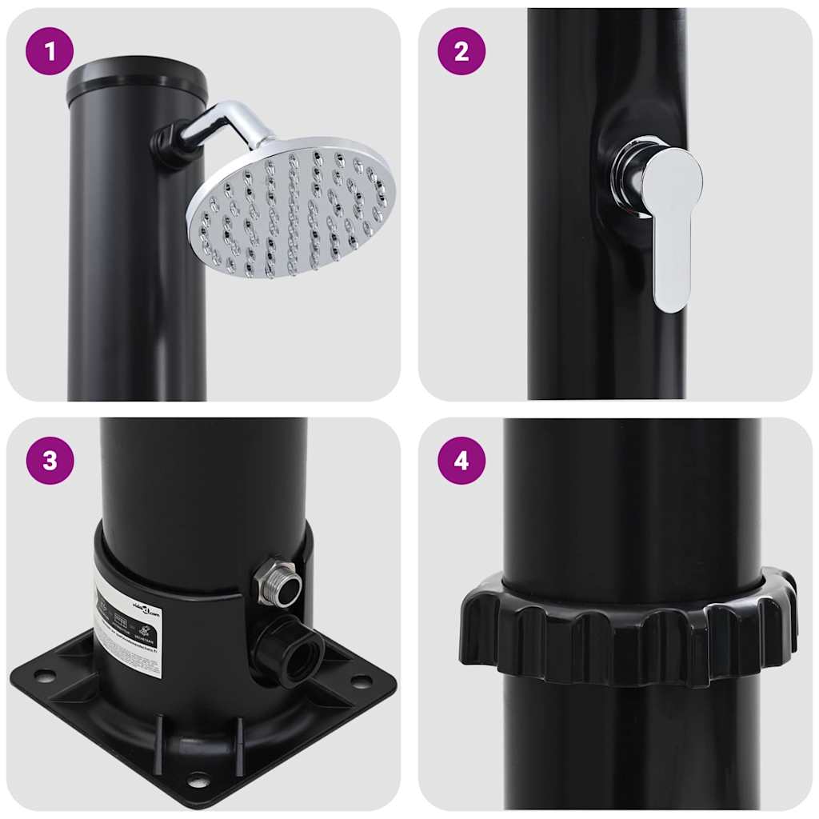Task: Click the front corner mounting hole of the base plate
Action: (198, 780)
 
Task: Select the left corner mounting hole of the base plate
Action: (45, 676)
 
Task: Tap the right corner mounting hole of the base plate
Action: (361, 681)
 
